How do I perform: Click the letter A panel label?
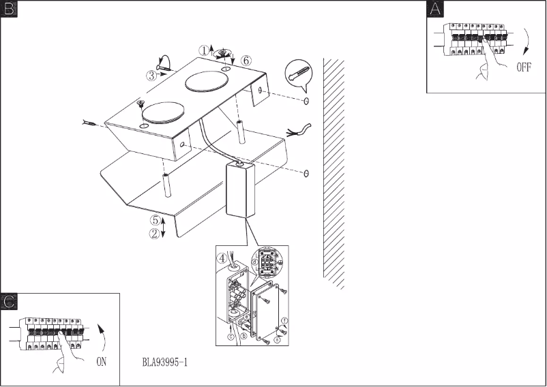coord(437,9)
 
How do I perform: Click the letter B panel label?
coord(10,9)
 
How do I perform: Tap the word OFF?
coord(524,68)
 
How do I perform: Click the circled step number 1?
coord(203,50)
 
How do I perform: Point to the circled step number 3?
coord(151,76)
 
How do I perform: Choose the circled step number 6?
coord(246,60)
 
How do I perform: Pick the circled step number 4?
coord(222,258)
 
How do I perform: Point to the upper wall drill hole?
coord(306,101)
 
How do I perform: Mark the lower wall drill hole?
coord(306,173)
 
